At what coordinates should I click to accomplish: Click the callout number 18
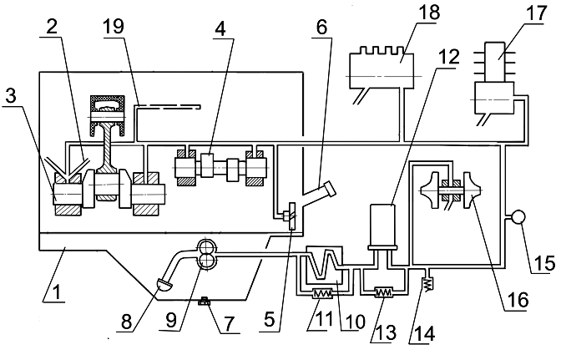(x=428, y=12)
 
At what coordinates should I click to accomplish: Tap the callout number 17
(x=536, y=13)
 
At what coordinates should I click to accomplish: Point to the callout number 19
(x=113, y=26)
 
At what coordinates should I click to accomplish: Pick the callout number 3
(x=11, y=95)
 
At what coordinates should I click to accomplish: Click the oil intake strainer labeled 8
(x=164, y=285)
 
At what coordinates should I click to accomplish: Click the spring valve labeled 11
(x=323, y=294)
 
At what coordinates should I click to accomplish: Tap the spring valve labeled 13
(x=384, y=292)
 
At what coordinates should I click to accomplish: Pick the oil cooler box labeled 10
(x=325, y=267)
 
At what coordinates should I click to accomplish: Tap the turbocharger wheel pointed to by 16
(x=472, y=190)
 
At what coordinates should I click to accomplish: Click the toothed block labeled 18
(x=381, y=67)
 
